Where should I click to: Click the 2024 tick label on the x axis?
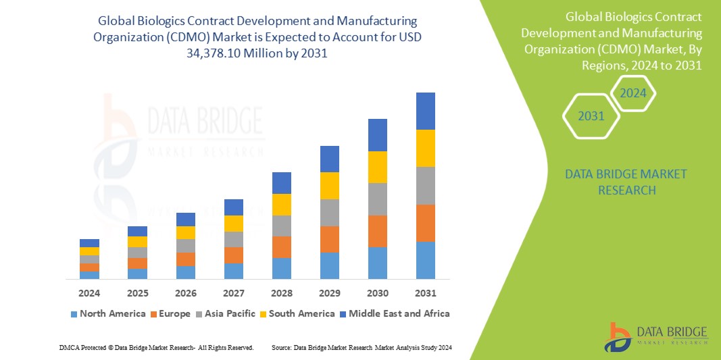[89, 293]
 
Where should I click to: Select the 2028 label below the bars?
[282, 293]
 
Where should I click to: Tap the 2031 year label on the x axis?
[425, 293]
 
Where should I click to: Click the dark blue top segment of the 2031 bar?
[425, 111]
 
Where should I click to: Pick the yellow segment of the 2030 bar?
[377, 167]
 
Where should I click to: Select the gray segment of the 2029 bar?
[329, 212]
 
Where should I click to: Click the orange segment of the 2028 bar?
[282, 247]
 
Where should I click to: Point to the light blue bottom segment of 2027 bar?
[234, 271]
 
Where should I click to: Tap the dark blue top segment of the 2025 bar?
[137, 231]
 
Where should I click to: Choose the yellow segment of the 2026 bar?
[186, 232]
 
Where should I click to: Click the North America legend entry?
[107, 313]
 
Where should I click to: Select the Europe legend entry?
[170, 313]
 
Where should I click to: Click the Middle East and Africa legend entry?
[394, 313]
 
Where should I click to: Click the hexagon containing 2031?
[591, 116]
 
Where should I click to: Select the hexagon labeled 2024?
[633, 93]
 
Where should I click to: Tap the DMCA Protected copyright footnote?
[156, 347]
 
